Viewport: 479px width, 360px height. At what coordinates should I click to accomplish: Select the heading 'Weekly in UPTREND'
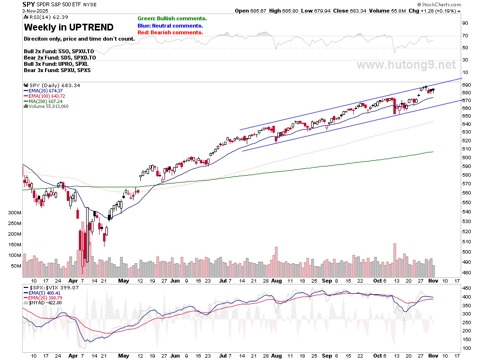point(69,27)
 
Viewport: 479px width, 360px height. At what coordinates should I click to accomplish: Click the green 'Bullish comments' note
point(172,18)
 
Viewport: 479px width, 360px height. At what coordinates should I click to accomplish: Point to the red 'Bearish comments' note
point(170,32)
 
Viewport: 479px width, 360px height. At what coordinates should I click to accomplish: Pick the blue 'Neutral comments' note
point(170,26)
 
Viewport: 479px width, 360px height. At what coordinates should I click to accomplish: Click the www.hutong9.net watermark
point(406,65)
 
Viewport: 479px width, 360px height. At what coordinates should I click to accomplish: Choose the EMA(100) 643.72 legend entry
point(47,96)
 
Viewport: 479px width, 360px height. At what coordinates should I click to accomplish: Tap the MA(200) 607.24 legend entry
point(46,101)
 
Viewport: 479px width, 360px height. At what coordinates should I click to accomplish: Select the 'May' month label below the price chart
point(124,281)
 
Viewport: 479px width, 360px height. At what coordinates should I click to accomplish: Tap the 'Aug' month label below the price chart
point(276,281)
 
